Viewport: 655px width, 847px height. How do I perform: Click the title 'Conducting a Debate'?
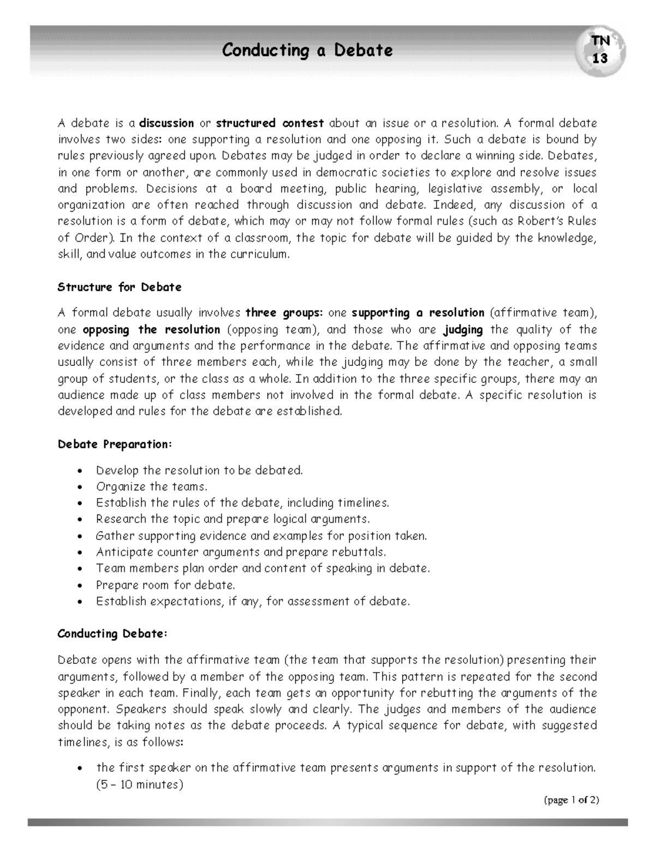pyautogui.click(x=307, y=51)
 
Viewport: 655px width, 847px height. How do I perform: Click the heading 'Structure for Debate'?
pyautogui.click(x=120, y=287)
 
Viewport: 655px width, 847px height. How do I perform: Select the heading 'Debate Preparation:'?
pyautogui.click(x=115, y=444)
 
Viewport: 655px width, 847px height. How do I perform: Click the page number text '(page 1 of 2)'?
pyautogui.click(x=571, y=800)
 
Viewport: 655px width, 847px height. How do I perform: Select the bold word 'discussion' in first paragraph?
pyautogui.click(x=166, y=123)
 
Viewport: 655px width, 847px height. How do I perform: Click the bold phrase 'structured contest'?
pyautogui.click(x=270, y=123)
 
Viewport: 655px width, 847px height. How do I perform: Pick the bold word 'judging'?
pyautogui.click(x=463, y=329)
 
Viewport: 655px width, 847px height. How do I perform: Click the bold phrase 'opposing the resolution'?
pyautogui.click(x=151, y=329)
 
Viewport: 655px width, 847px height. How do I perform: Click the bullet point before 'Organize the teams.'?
pyautogui.click(x=81, y=487)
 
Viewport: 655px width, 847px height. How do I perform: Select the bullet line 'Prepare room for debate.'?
pyautogui.click(x=165, y=585)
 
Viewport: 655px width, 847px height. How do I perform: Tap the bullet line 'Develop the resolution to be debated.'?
pyautogui.click(x=199, y=470)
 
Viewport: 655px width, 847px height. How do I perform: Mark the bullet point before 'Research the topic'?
pyautogui.click(x=81, y=520)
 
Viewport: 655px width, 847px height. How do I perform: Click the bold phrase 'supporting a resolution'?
pyautogui.click(x=418, y=313)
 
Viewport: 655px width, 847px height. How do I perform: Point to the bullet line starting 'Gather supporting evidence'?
pyautogui.click(x=261, y=536)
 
